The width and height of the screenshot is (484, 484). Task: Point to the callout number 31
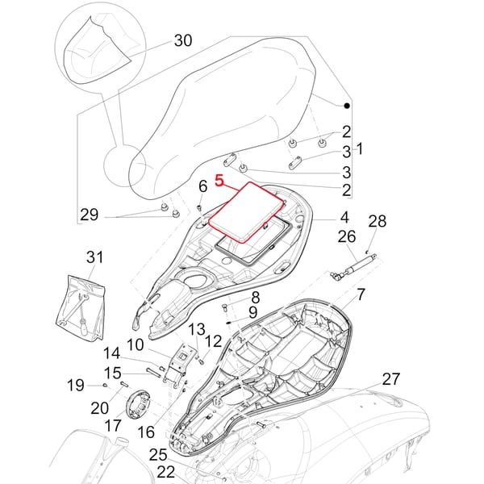click(x=95, y=257)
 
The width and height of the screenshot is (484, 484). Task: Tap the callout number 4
click(x=344, y=217)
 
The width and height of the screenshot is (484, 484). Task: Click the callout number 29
click(x=89, y=215)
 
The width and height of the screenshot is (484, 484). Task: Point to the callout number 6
click(x=203, y=187)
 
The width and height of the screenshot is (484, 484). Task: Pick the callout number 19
click(x=75, y=386)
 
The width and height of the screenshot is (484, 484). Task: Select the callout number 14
click(x=111, y=353)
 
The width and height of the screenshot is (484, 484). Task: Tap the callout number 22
click(x=165, y=470)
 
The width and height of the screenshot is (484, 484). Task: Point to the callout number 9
click(x=252, y=312)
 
